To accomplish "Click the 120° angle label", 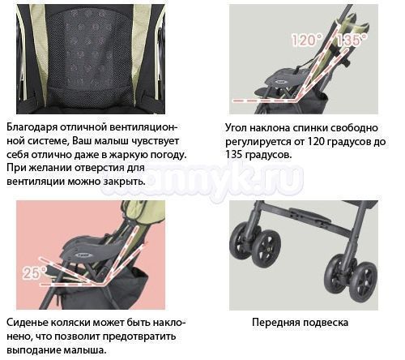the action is (307, 41).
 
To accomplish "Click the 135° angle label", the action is (352, 41).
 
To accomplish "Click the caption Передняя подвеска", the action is (300, 323).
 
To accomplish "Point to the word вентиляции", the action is (34, 181).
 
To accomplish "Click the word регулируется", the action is (258, 142).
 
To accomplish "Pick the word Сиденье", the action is (27, 323).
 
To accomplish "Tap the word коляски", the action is (70, 323).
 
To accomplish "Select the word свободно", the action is (354, 127).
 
